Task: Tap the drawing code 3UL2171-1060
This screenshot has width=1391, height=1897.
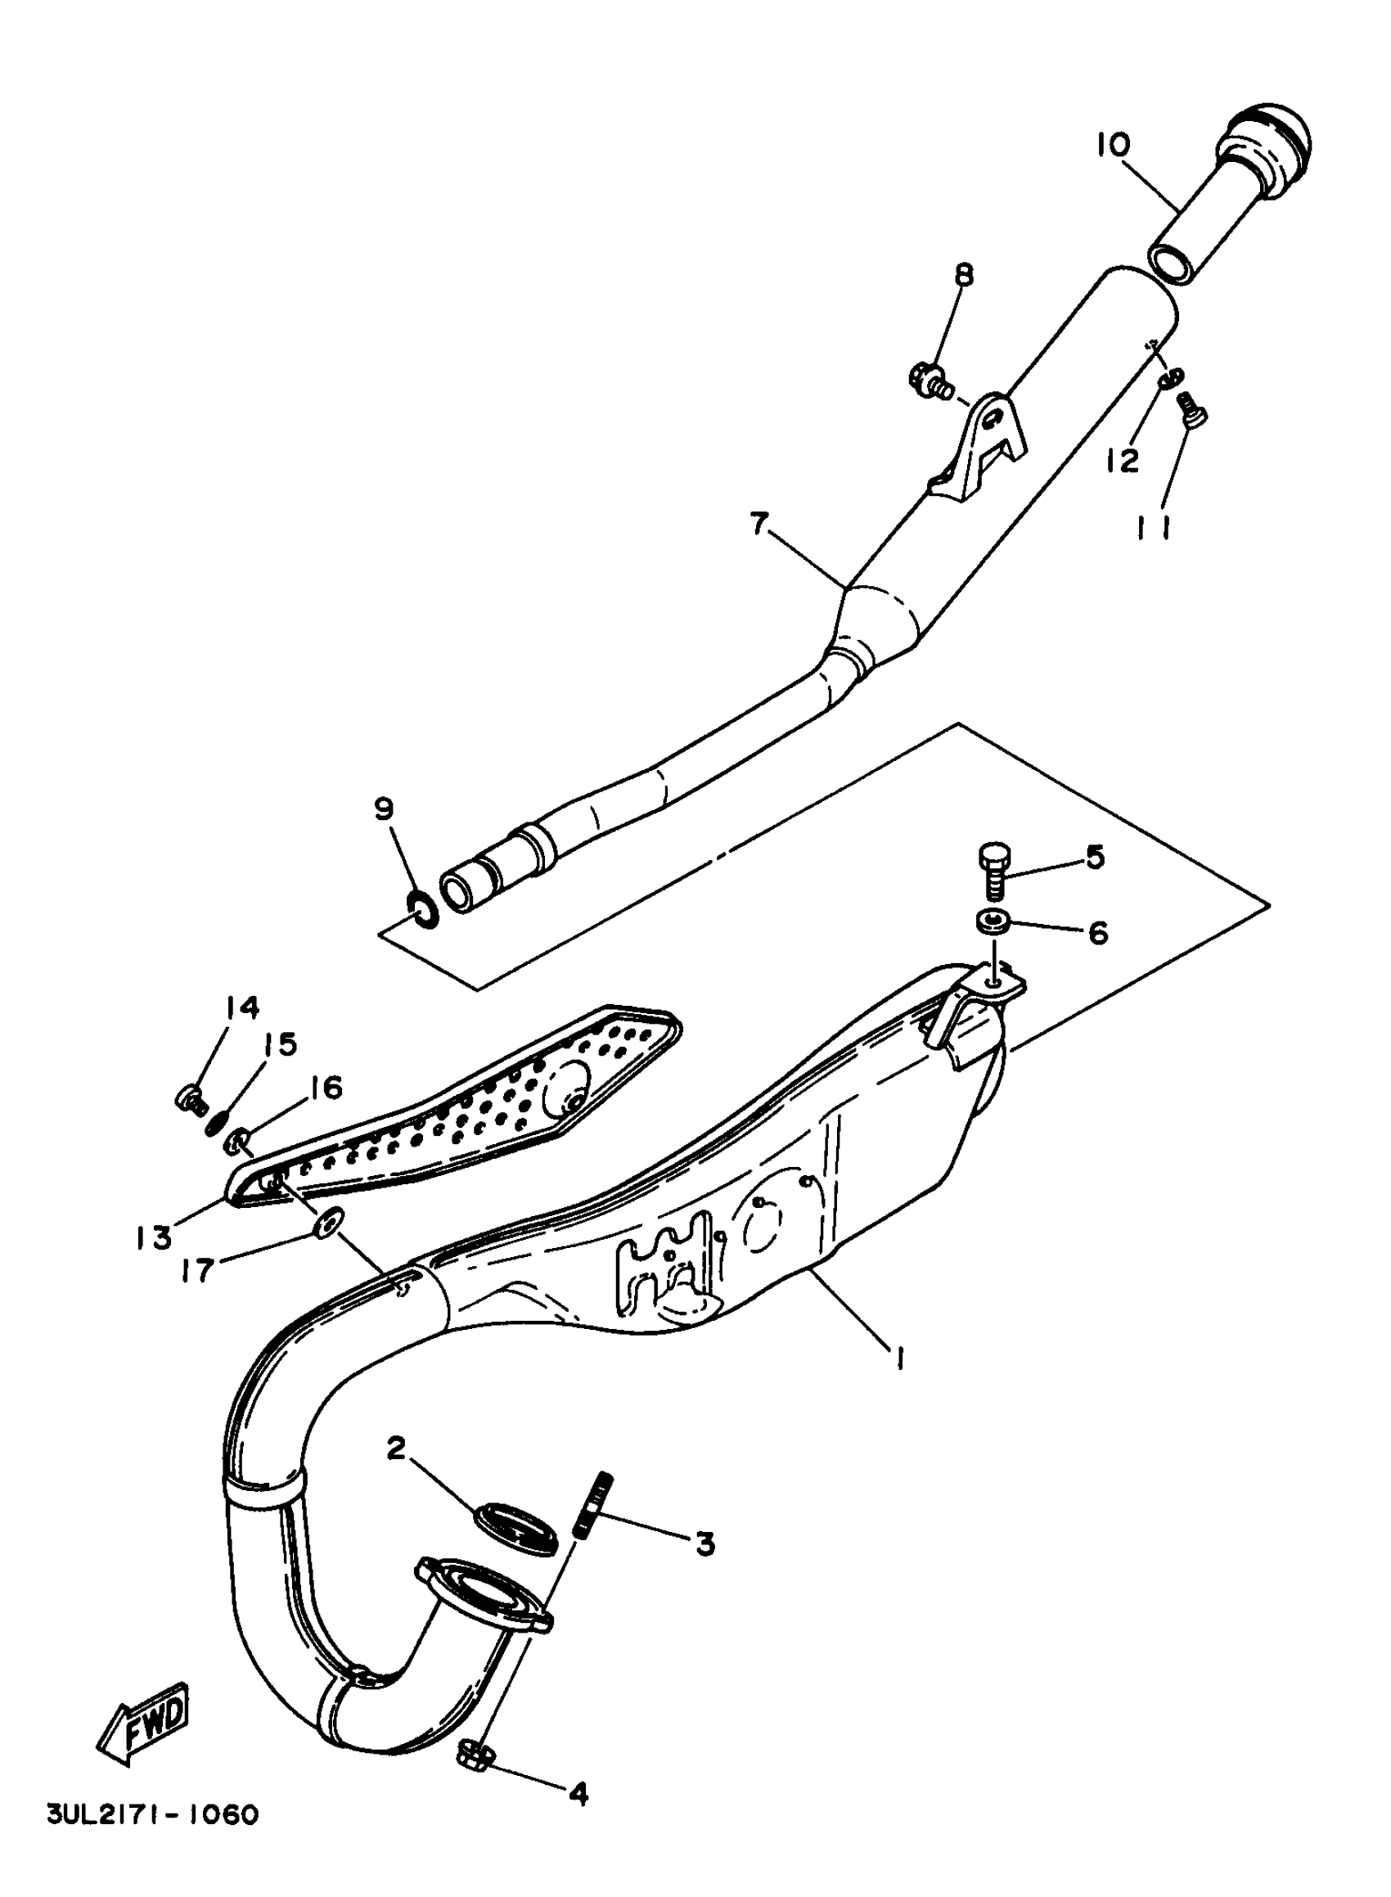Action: (151, 1838)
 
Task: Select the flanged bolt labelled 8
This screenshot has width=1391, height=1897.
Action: (929, 378)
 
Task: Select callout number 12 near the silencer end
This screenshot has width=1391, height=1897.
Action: (1123, 460)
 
